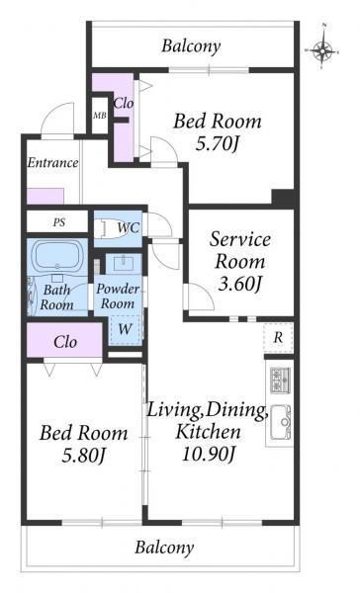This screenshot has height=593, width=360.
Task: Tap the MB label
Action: (100, 116)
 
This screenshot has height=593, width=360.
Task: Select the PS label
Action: (59, 222)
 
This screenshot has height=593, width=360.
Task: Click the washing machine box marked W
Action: (125, 329)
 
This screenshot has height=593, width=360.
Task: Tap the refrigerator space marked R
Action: (278, 337)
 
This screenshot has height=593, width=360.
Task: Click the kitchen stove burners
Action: (280, 380)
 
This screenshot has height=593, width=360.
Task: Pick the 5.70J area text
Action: (218, 143)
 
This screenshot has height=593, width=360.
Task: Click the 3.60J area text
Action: (240, 284)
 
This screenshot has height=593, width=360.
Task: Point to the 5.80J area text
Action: (83, 456)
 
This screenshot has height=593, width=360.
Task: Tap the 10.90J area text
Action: (209, 453)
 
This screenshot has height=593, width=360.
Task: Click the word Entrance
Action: (52, 163)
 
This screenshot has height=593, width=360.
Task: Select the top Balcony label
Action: (191, 46)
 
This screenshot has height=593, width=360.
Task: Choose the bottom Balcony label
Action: (164, 548)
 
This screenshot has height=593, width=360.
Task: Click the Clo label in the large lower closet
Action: (65, 342)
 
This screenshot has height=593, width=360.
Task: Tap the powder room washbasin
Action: (125, 263)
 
